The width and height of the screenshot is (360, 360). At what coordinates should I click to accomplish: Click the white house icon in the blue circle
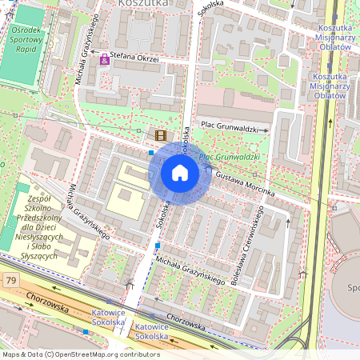point(180,173)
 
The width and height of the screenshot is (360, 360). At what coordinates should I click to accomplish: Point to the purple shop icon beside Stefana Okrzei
point(104,59)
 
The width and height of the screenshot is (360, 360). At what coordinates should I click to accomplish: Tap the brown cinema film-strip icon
point(161,135)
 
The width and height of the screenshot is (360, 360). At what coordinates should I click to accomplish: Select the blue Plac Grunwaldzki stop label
point(230,158)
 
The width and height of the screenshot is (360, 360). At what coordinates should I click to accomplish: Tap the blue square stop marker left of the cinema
point(151,151)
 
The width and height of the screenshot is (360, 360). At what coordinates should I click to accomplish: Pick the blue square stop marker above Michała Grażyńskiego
point(158,245)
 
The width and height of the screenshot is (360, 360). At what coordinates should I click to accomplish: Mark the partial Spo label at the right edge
point(352,286)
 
